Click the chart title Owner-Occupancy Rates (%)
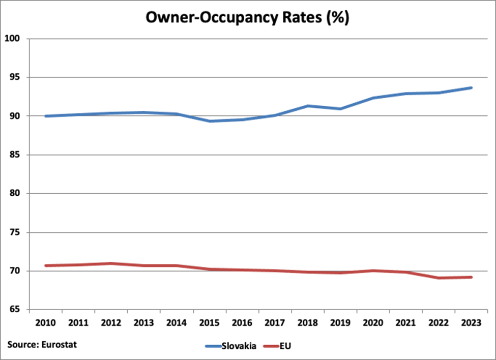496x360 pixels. pos(247,17)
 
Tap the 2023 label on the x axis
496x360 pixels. pos(471,323)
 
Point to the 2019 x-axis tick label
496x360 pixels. pos(340,323)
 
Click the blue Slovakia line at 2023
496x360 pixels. pos(471,87)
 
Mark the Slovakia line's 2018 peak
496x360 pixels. pos(308,106)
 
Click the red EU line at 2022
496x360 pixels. pos(439,278)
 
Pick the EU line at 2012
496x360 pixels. pos(111,263)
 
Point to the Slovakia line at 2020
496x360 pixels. pos(373,98)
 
